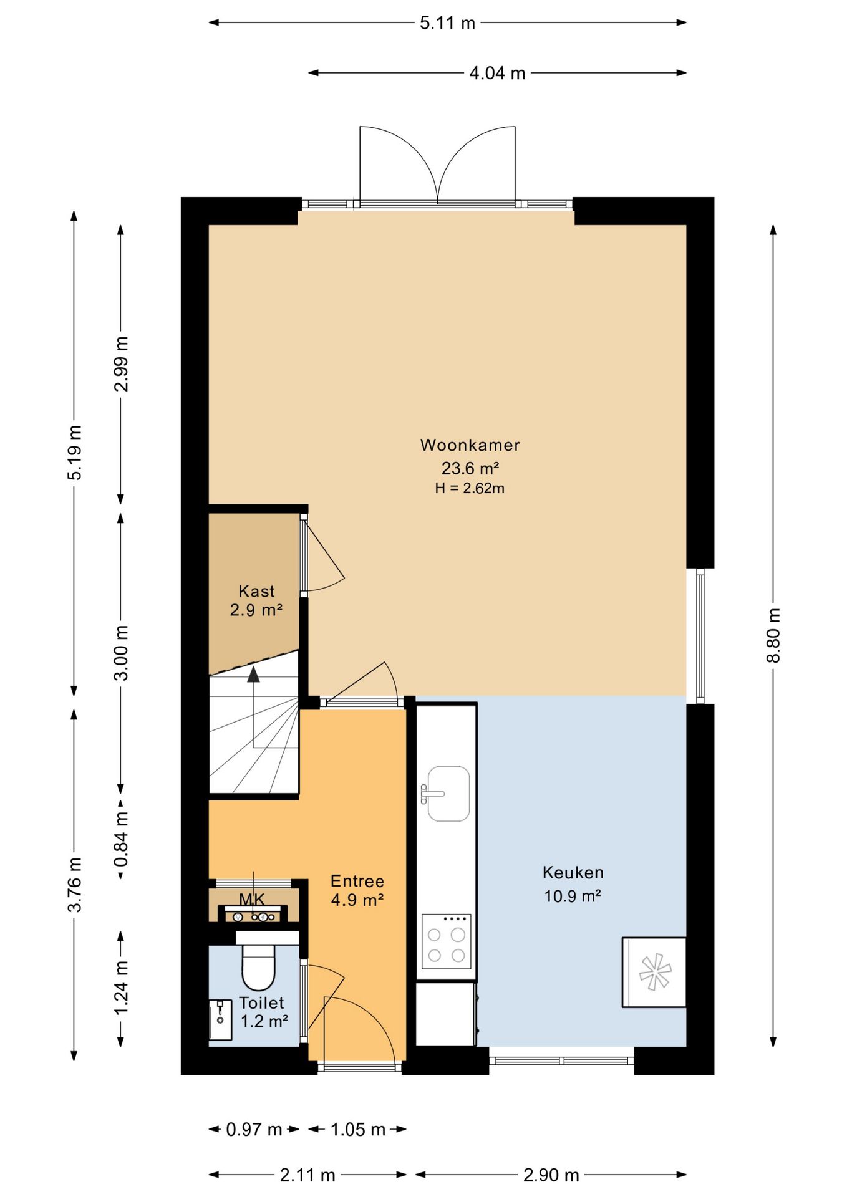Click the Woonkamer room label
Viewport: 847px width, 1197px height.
pyautogui.click(x=470, y=445)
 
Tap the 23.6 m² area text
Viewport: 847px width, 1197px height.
pyautogui.click(x=470, y=468)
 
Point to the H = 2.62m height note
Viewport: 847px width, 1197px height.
pyautogui.click(x=470, y=488)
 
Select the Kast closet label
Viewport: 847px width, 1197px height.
pyautogui.click(x=256, y=591)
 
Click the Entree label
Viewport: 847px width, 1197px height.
pyautogui.click(x=357, y=881)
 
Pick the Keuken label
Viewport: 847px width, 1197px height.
pyautogui.click(x=573, y=872)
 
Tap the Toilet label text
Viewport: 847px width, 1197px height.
pyautogui.click(x=262, y=1003)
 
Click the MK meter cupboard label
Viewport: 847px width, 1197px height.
pyautogui.click(x=252, y=899)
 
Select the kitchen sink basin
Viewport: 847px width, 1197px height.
pyautogui.click(x=448, y=794)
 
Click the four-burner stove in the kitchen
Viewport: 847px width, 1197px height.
pyautogui.click(x=446, y=941)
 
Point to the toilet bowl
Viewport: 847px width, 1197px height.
pyautogui.click(x=258, y=966)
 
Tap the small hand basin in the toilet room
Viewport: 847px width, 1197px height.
pyautogui.click(x=220, y=1020)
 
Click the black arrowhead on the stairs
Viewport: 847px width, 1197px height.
pyautogui.click(x=253, y=674)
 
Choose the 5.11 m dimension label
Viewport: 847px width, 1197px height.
pyautogui.click(x=447, y=23)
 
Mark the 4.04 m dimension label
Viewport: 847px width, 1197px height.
pyautogui.click(x=497, y=73)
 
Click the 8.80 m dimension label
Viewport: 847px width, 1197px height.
pyautogui.click(x=773, y=636)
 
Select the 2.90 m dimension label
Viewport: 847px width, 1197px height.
pyautogui.click(x=551, y=1175)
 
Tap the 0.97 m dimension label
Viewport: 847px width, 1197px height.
pyautogui.click(x=254, y=1129)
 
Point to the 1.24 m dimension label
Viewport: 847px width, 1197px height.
pyautogui.click(x=121, y=988)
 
